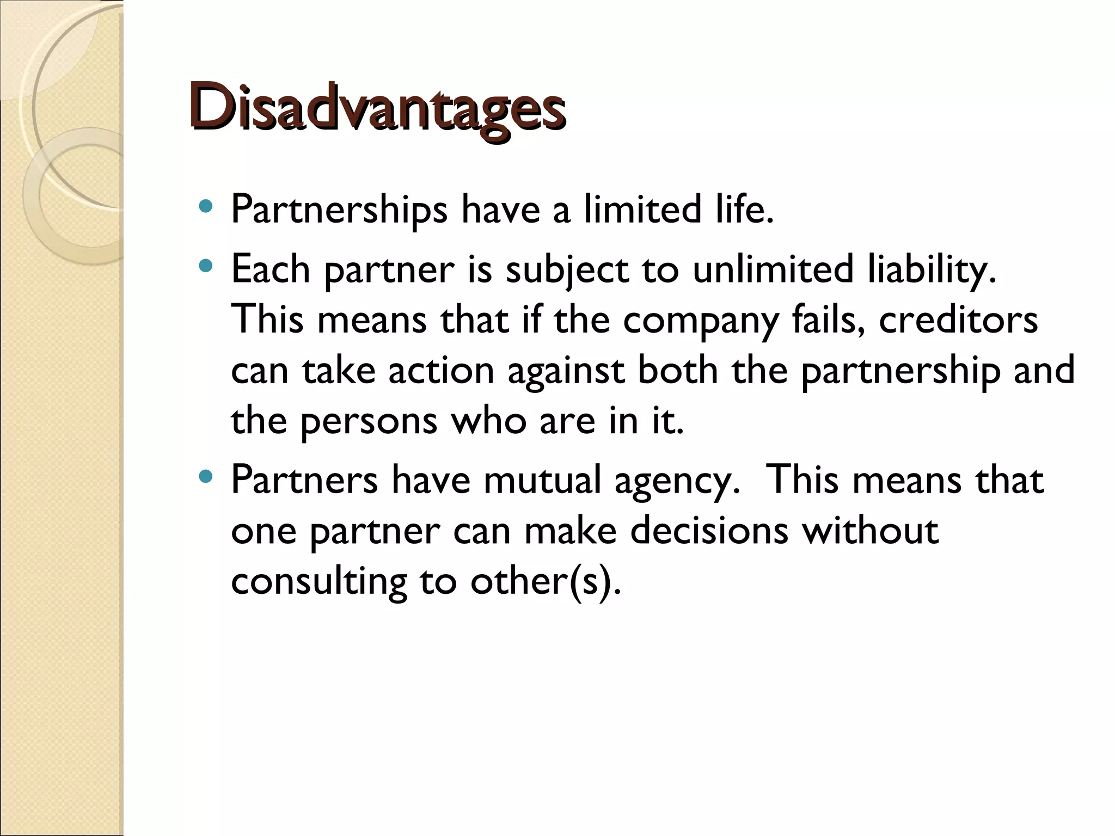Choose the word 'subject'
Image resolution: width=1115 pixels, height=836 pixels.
(x=567, y=271)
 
